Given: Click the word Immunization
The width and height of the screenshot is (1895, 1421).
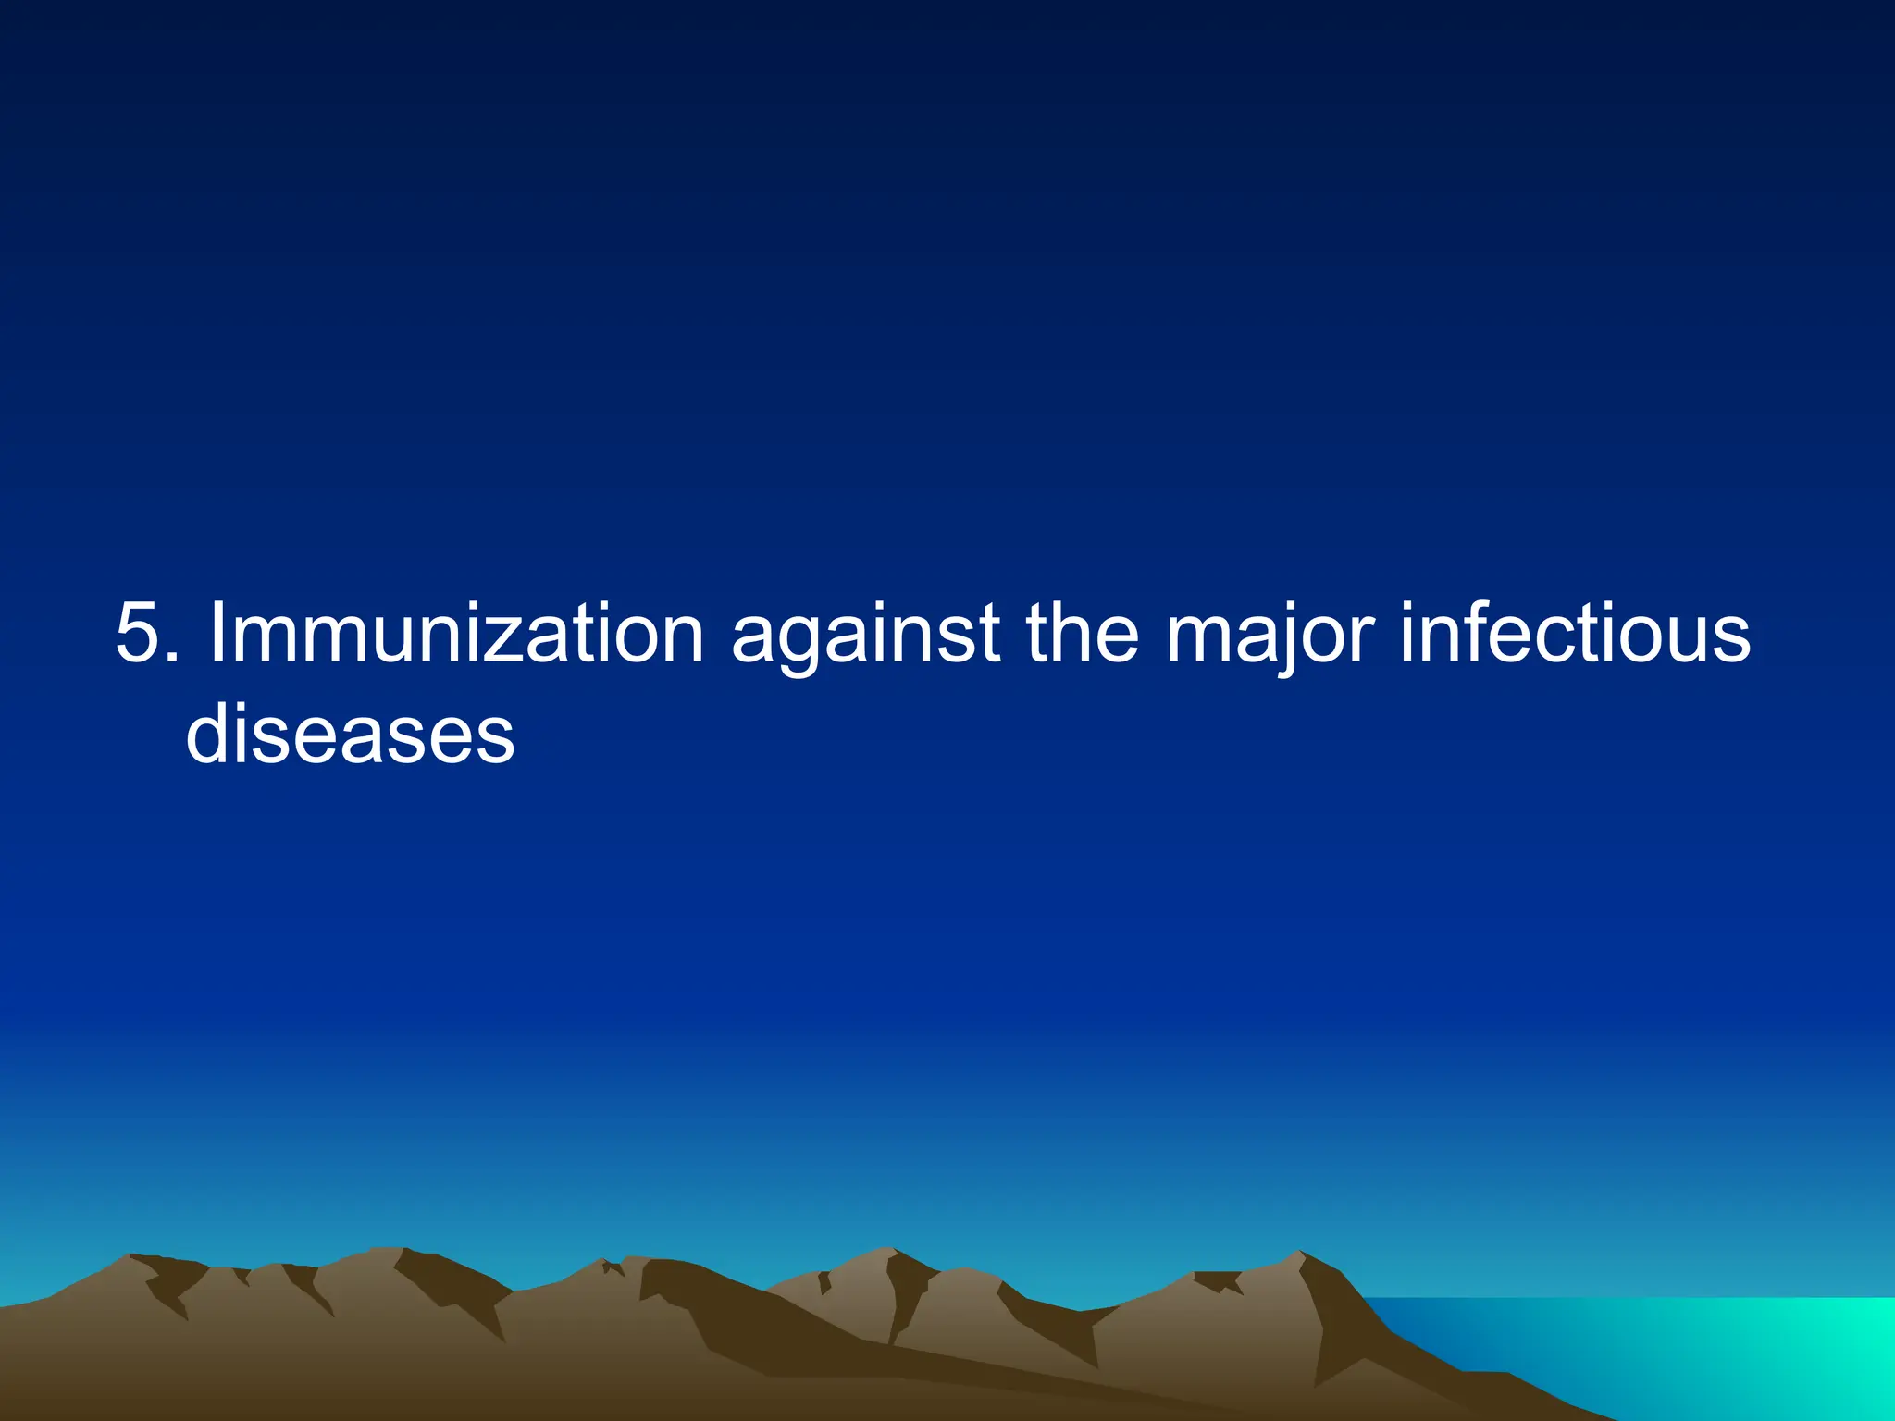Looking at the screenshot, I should (457, 634).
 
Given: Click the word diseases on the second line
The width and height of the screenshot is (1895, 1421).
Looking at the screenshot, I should (350, 734).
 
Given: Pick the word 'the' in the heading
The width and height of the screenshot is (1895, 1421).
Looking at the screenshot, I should (1083, 634).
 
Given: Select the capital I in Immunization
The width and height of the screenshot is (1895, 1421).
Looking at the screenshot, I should (219, 634).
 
